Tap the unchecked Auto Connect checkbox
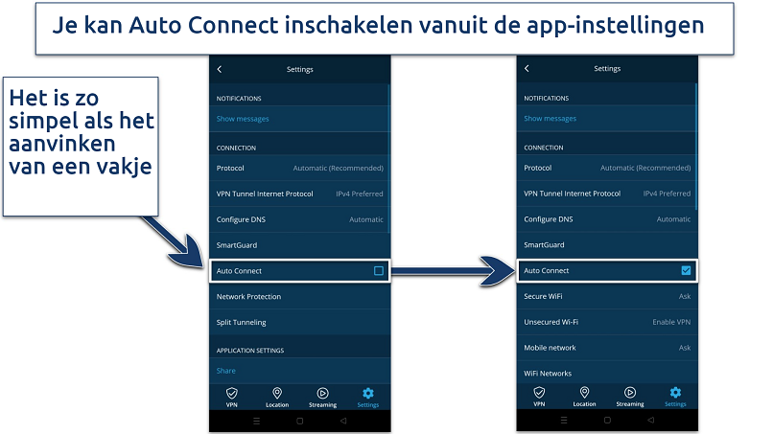(379, 270)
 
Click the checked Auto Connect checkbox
(686, 270)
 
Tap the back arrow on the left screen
(220, 70)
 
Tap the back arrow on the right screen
(527, 68)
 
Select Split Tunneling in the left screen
(241, 322)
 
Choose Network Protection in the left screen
(248, 297)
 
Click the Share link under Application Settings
(225, 371)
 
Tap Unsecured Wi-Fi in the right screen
(550, 322)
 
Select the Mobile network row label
(550, 348)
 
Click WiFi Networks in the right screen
(548, 374)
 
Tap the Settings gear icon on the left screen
(367, 393)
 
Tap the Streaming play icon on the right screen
(629, 392)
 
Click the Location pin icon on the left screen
(277, 393)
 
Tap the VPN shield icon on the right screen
(539, 392)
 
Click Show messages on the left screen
(243, 119)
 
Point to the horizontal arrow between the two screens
(453, 270)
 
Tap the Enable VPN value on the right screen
(671, 322)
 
